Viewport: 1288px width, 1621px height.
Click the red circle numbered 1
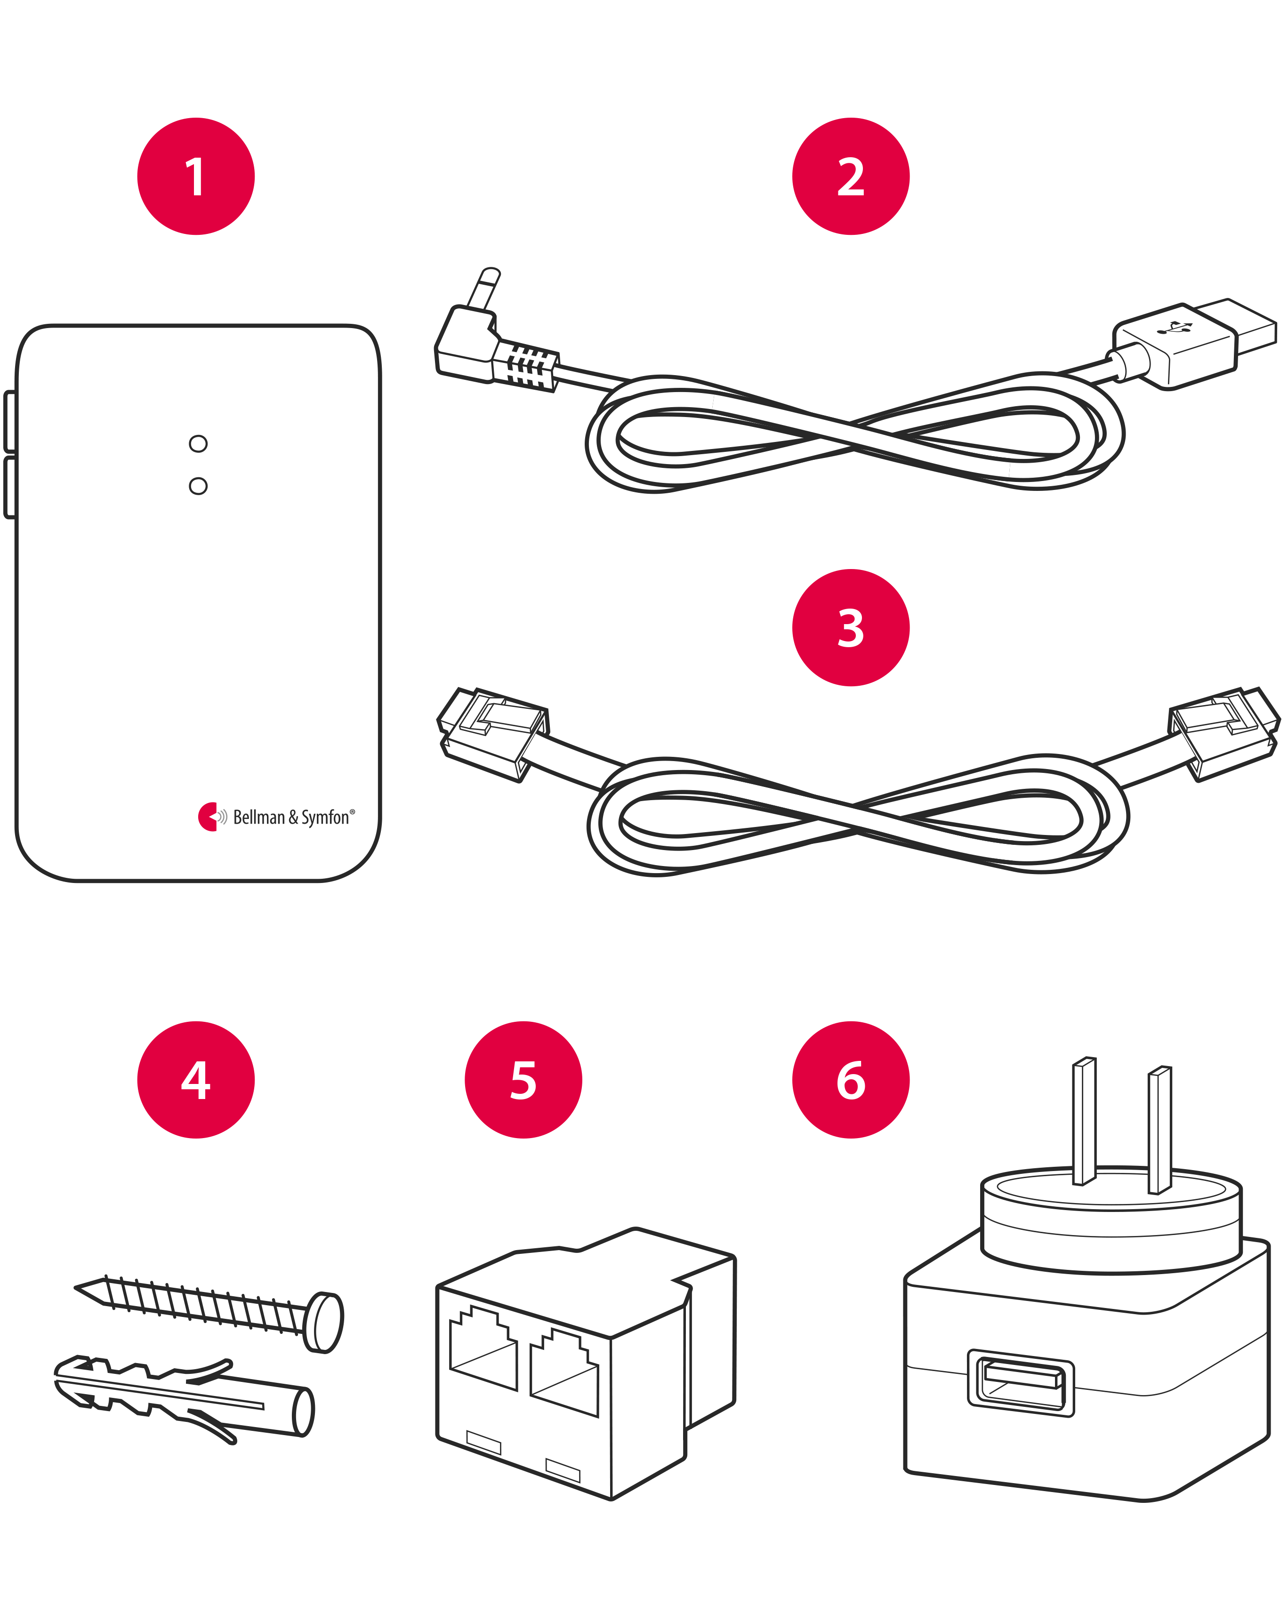point(195,177)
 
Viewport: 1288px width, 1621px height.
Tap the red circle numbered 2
point(850,177)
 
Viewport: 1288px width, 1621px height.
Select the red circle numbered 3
point(850,628)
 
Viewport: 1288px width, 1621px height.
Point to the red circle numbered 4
point(195,1080)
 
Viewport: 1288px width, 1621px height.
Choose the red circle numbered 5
point(523,1080)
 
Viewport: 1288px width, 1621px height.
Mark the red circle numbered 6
point(850,1080)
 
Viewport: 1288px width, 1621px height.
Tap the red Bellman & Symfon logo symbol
point(208,817)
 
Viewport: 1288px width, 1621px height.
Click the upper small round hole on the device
point(198,443)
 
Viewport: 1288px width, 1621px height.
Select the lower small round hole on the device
point(198,486)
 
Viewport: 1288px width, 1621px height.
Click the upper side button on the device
point(10,421)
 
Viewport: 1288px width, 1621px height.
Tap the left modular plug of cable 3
point(492,733)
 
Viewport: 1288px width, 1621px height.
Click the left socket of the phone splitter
point(483,1349)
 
